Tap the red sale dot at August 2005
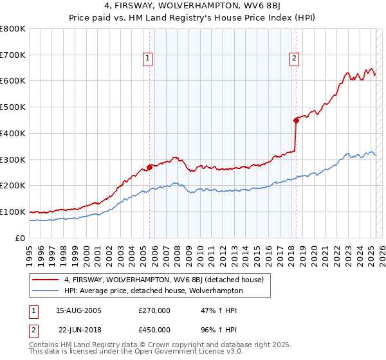click(x=149, y=167)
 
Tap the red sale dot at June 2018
click(x=296, y=120)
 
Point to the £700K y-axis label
click(x=13, y=55)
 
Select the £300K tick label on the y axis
click(x=13, y=159)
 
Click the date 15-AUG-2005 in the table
click(x=77, y=310)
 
